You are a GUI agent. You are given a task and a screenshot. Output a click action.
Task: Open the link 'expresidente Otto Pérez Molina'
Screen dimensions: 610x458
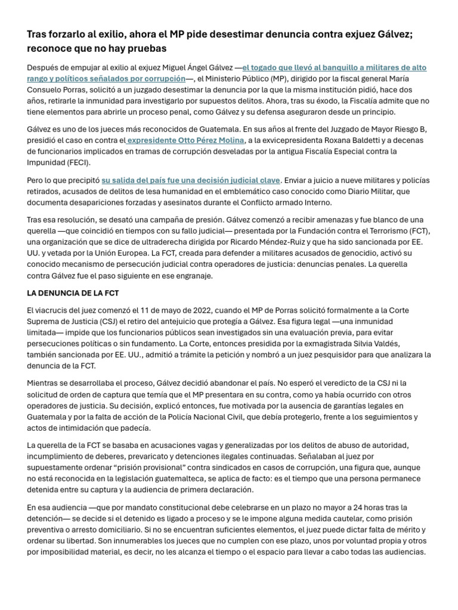[185, 141]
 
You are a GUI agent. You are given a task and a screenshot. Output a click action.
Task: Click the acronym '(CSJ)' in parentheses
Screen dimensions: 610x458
[111, 322]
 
